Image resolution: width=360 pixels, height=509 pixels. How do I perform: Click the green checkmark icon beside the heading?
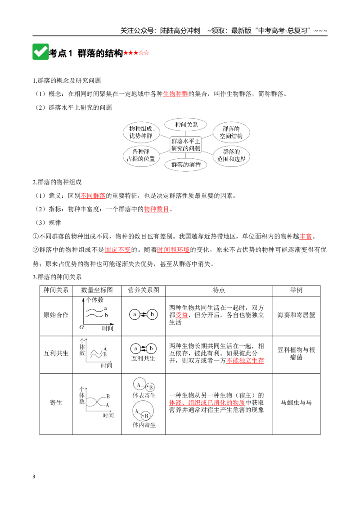tap(40, 52)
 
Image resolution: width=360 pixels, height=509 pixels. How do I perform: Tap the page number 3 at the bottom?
tap(34, 477)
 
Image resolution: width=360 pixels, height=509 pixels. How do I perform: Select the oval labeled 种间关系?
tap(186, 125)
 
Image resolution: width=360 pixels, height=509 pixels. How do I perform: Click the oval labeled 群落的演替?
tap(186, 165)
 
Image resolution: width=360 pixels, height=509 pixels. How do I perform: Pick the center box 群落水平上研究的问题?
tap(186, 145)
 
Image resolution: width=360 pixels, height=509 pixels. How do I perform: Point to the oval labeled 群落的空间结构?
tap(231, 133)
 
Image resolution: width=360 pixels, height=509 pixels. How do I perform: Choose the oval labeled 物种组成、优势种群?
tap(141, 132)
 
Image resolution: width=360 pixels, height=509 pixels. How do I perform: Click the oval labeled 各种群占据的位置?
tap(141, 155)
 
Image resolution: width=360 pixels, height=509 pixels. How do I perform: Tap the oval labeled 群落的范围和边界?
tap(231, 156)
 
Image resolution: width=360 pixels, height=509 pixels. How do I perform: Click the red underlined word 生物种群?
tap(175, 94)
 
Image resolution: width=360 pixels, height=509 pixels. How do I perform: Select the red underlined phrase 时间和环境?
tap(173, 250)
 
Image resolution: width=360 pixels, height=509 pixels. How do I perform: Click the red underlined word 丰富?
tap(306, 237)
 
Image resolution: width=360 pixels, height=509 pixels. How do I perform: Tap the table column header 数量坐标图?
tap(97, 290)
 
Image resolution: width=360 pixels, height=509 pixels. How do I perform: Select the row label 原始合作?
tap(56, 315)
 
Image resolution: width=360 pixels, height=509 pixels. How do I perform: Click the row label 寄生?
tap(56, 402)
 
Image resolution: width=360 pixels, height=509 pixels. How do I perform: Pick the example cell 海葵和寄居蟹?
tap(296, 315)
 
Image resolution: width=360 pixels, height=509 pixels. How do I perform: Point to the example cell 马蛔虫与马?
tap(296, 402)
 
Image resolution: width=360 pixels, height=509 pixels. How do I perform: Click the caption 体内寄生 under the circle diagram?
tap(144, 425)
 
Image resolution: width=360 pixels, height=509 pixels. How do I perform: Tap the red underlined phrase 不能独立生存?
tap(245, 361)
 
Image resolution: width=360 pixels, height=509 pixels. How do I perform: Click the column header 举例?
tap(296, 290)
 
